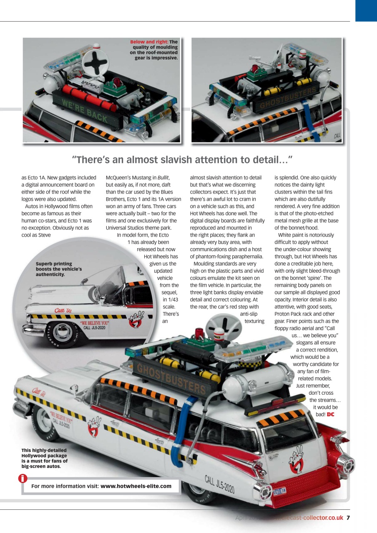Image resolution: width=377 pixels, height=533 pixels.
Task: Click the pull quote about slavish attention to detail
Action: pyautogui.click(x=182, y=160)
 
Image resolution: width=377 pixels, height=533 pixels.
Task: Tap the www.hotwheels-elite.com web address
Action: pyautogui.click(x=136, y=486)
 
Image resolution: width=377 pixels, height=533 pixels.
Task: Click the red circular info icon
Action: pyautogui.click(x=23, y=479)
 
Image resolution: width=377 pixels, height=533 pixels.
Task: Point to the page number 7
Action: pyautogui.click(x=348, y=518)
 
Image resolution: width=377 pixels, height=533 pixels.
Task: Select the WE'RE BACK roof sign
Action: pyautogui.click(x=85, y=111)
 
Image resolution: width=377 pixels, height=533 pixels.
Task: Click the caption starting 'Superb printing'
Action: pyautogui.click(x=58, y=269)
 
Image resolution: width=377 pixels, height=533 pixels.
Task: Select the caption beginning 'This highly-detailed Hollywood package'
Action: pyautogui.click(x=44, y=458)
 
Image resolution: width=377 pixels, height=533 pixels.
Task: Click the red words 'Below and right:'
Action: pyautogui.click(x=149, y=42)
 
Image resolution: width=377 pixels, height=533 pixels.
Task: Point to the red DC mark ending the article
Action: pyautogui.click(x=330, y=414)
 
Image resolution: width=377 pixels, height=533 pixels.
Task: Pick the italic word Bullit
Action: pyautogui.click(x=163, y=178)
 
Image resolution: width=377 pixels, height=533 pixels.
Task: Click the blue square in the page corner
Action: pyautogui.click(x=366, y=10)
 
